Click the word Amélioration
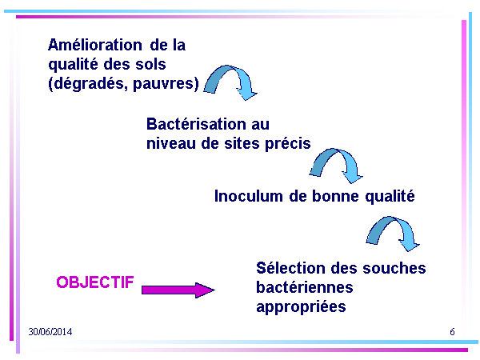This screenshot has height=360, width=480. pyautogui.click(x=95, y=45)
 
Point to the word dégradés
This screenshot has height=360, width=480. pyautogui.click(x=88, y=83)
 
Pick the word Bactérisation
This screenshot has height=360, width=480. pyautogui.click(x=196, y=124)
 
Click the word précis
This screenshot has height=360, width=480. pyautogui.click(x=288, y=144)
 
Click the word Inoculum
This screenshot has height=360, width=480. pyautogui.click(x=248, y=196)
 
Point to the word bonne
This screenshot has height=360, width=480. pyautogui.click(x=335, y=196)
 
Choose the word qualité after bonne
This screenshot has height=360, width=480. pyautogui.click(x=390, y=196)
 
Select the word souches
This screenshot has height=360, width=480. pyautogui.click(x=394, y=268)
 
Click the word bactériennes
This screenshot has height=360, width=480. pyautogui.click(x=305, y=287)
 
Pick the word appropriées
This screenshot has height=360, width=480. pyautogui.click(x=302, y=307)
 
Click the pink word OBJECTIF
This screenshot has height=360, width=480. pyautogui.click(x=95, y=282)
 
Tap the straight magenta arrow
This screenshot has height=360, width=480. pyautogui.click(x=178, y=290)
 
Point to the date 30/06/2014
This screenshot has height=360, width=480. pyautogui.click(x=50, y=332)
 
